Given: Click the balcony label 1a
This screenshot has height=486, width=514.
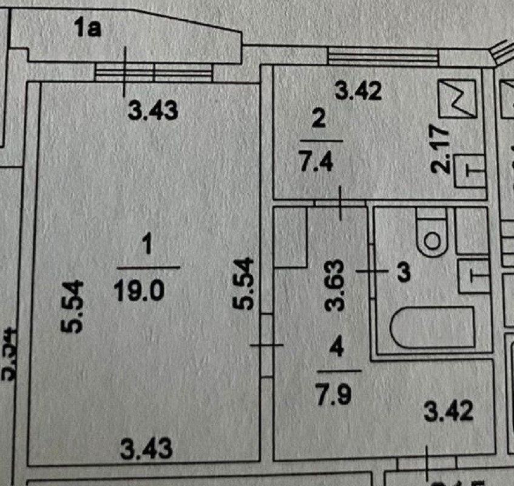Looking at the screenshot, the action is (89, 29).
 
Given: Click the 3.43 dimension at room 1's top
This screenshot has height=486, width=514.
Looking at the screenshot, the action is (155, 111).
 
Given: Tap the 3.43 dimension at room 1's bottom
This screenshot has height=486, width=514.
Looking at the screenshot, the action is (146, 450).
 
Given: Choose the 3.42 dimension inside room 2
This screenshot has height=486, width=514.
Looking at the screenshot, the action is (359, 92).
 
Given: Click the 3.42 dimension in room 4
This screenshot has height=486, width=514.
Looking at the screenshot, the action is (448, 412).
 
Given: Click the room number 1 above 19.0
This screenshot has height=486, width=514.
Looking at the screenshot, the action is (146, 247).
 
